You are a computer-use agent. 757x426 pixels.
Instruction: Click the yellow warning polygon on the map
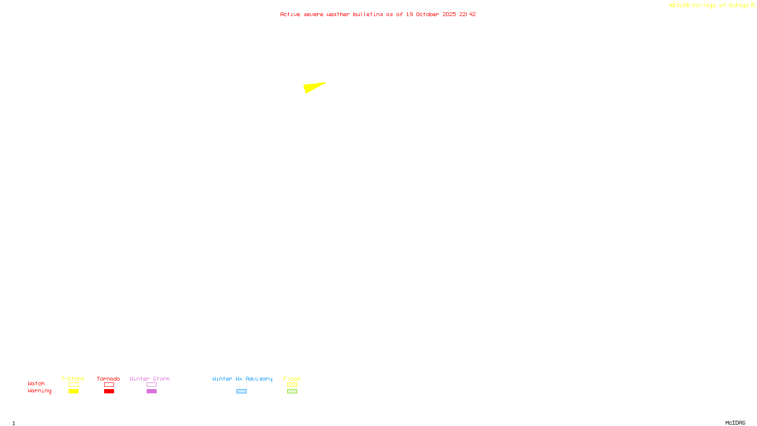click(x=312, y=88)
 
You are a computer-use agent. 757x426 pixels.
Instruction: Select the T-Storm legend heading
click(x=73, y=379)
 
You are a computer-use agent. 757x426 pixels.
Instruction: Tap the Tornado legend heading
click(x=108, y=379)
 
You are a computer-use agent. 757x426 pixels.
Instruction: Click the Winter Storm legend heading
click(x=150, y=379)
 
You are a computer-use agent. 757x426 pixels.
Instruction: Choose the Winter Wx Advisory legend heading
click(x=242, y=379)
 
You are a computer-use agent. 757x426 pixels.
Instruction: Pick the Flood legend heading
click(x=292, y=379)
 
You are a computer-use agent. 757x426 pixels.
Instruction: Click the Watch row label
click(x=36, y=383)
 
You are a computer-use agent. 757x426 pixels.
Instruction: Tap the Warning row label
click(x=39, y=391)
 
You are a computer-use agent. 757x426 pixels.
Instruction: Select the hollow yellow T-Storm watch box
click(x=73, y=385)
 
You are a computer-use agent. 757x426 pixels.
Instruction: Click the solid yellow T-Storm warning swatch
click(x=73, y=391)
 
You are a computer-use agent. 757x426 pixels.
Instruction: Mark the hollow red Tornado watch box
click(x=109, y=385)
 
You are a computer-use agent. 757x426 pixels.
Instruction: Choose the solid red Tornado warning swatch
click(x=109, y=391)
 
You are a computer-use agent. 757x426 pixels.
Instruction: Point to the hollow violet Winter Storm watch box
click(x=151, y=385)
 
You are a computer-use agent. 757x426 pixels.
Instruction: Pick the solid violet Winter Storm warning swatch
click(x=151, y=391)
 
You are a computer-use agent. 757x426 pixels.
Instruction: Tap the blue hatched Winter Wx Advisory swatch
click(x=241, y=391)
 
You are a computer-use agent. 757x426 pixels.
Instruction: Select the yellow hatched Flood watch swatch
click(x=292, y=385)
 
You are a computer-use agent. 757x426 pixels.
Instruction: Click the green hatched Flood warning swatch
click(x=292, y=391)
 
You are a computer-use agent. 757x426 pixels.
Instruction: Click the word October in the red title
click(x=427, y=14)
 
